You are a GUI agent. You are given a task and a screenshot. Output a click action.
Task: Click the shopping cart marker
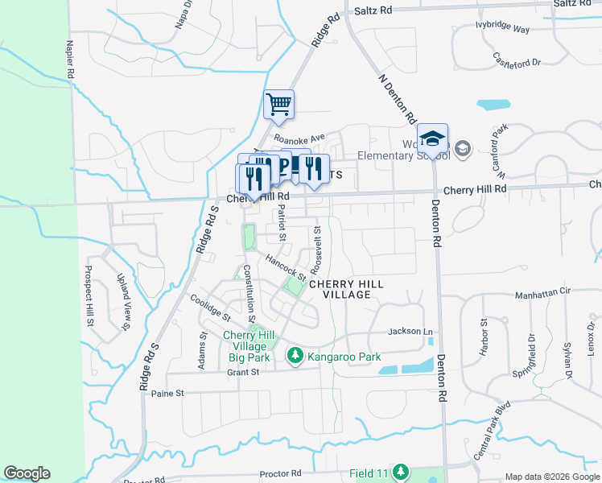tap(278, 104)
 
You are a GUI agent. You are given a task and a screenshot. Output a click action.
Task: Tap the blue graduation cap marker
tap(432, 138)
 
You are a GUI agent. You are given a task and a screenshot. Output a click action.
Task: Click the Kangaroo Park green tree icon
tap(295, 355)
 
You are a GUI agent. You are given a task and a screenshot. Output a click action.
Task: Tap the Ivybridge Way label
tap(503, 29)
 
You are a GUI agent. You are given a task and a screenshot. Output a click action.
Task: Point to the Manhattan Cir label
tap(542, 295)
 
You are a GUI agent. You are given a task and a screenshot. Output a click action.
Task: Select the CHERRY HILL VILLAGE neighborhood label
tap(340, 289)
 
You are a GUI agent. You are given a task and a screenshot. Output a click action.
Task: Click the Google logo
tap(26, 473)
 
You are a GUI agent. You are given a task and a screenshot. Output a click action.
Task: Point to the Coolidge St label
tap(210, 307)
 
